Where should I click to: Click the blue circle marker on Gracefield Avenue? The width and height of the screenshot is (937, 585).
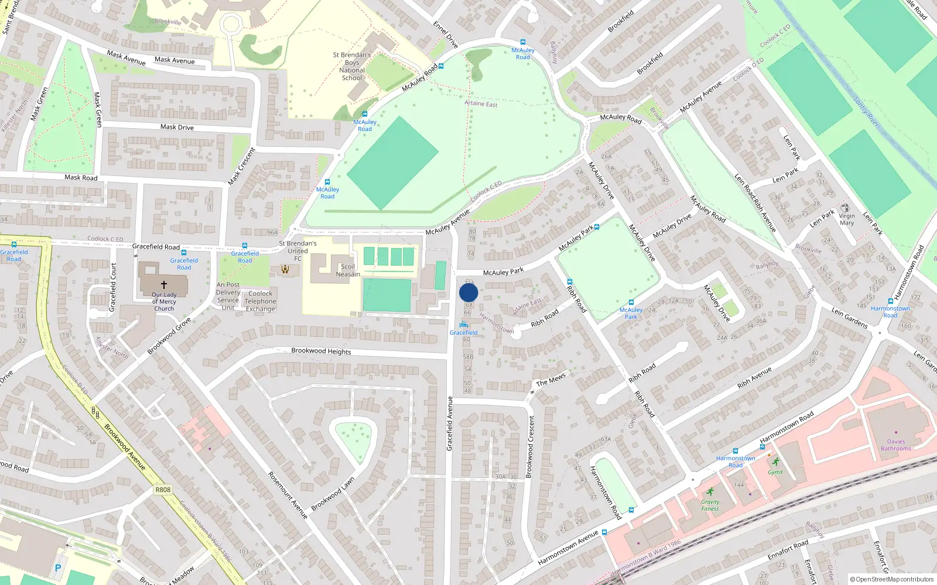coord(468,292)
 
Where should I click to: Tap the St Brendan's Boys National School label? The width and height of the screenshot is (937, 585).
coord(352,66)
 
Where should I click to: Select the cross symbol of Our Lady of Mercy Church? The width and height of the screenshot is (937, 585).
coord(164,284)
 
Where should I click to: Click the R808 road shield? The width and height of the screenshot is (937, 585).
coord(163,490)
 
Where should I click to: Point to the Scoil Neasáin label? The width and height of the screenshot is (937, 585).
coord(348,270)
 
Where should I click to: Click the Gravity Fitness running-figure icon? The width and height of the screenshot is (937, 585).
coord(710,491)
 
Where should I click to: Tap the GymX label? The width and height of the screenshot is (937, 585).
coord(775,472)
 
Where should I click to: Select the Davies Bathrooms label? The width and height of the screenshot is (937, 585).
coord(896,445)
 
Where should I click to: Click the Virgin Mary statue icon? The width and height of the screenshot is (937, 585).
coord(845,208)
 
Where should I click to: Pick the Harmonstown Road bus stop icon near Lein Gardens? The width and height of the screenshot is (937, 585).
coord(890,301)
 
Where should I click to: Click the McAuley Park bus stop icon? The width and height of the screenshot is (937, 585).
coord(631,303)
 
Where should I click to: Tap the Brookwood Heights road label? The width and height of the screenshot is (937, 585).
coord(321,351)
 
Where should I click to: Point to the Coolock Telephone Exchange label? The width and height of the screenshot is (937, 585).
coord(260,301)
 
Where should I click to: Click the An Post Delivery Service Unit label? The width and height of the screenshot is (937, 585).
coord(228,296)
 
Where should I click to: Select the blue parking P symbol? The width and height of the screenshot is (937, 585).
coord(57,567)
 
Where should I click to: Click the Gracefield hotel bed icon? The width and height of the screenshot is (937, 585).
coord(464,325)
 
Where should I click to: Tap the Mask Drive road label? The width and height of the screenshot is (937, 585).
coord(177,127)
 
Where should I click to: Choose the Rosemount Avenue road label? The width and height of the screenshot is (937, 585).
coord(288,495)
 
